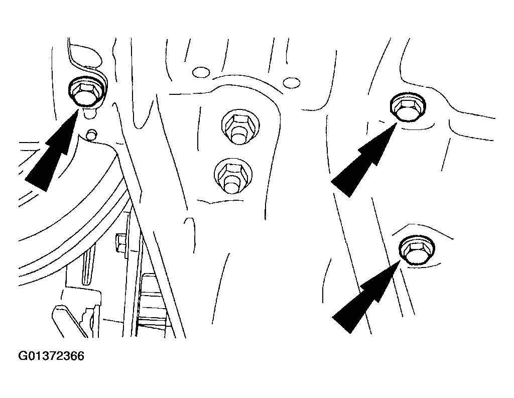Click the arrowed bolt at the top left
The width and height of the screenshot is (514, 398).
tap(86, 91)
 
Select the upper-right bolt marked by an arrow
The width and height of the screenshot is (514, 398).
tap(408, 107)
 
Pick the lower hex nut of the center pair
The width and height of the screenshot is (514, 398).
tap(233, 176)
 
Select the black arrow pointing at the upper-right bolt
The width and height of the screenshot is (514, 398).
tap(364, 159)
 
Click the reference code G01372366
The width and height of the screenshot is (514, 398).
tap(51, 356)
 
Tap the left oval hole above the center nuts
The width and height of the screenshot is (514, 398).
tap(201, 72)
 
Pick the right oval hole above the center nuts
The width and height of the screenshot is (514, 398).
tap(291, 82)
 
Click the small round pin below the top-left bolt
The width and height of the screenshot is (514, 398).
tap(91, 134)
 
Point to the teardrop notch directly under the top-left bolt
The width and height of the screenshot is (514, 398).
tap(90, 113)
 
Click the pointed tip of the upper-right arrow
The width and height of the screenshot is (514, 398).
tap(398, 121)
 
